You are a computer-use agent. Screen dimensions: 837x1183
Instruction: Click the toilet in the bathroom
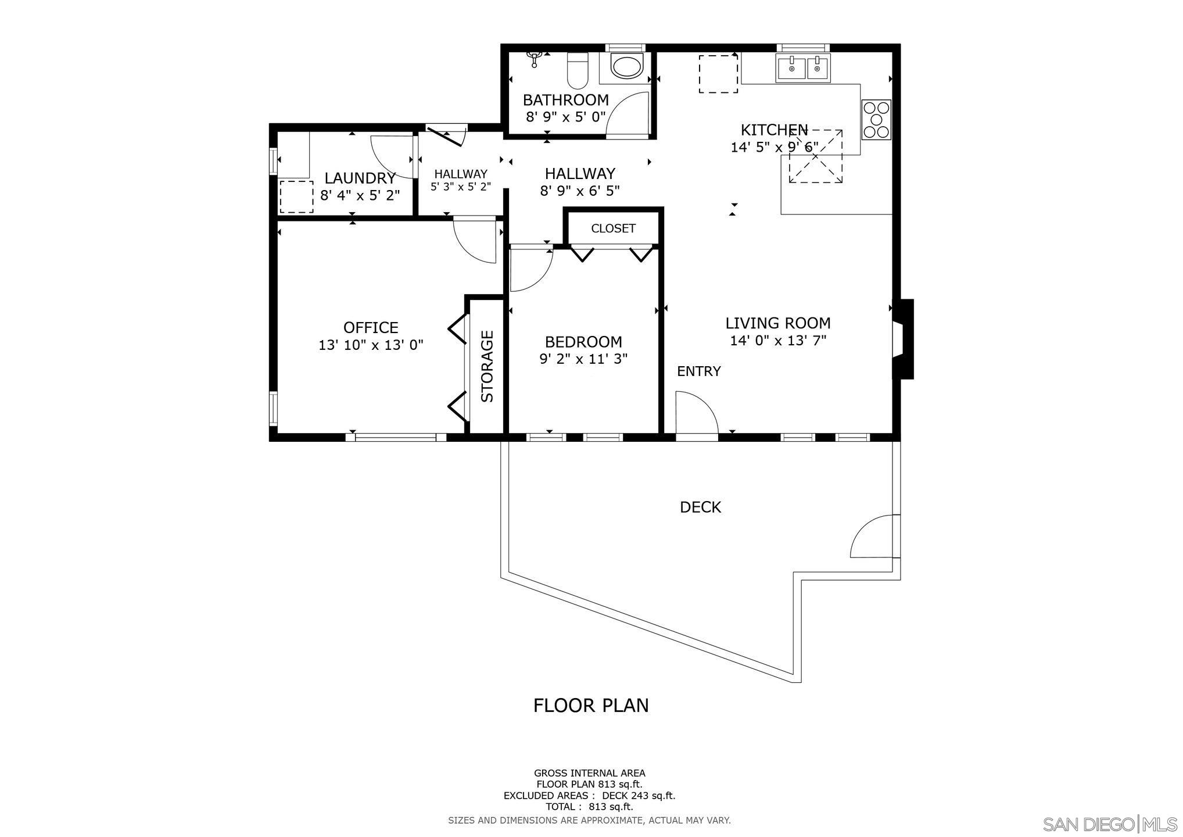578,69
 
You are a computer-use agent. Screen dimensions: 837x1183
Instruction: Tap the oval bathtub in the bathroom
626,67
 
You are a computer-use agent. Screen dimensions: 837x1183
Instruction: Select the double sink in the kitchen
803,68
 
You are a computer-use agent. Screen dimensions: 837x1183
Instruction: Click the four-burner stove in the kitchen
876,120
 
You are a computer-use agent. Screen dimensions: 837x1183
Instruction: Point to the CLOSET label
613,228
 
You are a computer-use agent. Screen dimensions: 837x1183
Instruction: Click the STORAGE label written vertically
487,366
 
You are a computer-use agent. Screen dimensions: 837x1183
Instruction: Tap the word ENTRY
698,371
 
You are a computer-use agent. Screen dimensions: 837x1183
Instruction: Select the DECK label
700,507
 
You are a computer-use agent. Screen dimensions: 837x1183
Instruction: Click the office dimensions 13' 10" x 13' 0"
371,345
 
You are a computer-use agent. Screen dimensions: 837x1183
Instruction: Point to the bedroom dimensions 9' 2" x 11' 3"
583,359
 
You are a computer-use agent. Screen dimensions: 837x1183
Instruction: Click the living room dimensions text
778,341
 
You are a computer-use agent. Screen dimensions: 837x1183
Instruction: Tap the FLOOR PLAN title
591,705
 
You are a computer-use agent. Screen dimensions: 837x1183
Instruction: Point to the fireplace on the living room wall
904,339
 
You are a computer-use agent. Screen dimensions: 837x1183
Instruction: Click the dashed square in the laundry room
296,196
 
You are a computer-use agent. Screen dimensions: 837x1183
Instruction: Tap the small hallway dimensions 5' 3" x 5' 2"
460,187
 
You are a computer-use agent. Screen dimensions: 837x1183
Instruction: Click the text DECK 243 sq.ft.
638,796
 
